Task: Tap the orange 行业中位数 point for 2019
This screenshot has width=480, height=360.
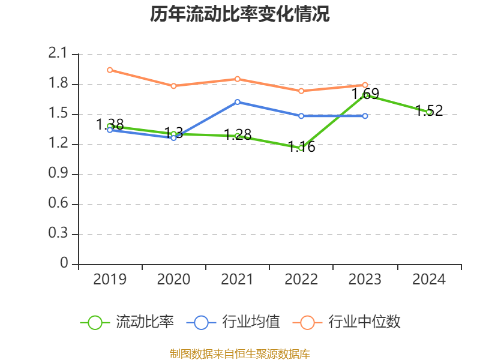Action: [110, 70]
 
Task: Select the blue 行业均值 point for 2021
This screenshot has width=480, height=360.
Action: [238, 102]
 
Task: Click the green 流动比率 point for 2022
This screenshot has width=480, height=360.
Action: [301, 148]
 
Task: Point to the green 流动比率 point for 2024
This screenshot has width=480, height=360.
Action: [429, 112]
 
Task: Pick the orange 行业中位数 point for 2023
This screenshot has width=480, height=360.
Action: [365, 85]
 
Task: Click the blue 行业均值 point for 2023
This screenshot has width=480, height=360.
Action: [365, 116]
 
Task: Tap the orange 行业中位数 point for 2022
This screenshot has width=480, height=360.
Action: [301, 91]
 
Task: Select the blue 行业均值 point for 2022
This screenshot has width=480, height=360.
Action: [301, 116]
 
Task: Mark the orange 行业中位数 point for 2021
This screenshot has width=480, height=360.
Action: [238, 79]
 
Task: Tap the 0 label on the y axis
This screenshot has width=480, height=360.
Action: [65, 264]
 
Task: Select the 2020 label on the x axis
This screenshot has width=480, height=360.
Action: [173, 280]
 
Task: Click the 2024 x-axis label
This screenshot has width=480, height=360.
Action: [429, 280]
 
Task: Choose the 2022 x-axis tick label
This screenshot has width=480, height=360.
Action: [301, 280]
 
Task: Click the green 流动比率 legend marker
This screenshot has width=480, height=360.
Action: [95, 322]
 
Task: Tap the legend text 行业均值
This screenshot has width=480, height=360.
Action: [251, 322]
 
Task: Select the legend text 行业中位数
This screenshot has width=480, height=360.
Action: [364, 322]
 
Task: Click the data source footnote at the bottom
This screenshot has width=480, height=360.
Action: [239, 353]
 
